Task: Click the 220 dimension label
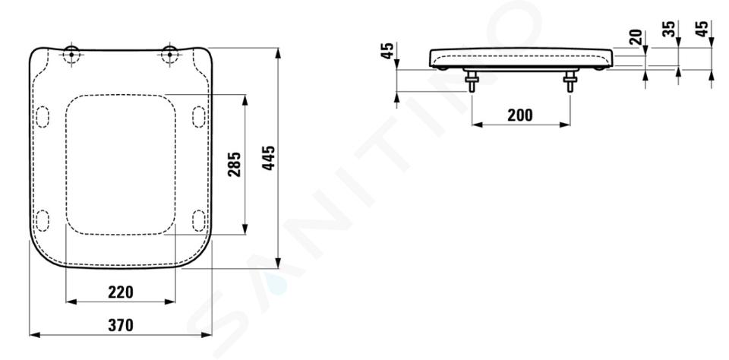121,292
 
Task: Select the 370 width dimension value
121,325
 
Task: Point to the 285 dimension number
235,164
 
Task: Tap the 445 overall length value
269,158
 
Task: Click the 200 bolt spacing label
520,115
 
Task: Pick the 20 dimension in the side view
636,37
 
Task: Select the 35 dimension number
669,29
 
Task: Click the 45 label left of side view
387,50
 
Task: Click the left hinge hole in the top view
71,55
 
